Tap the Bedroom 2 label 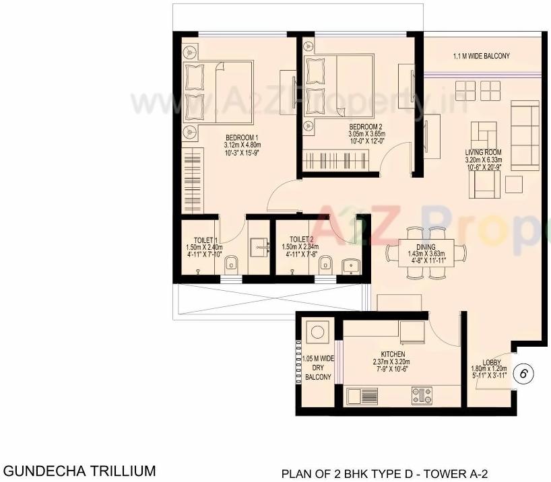[x=366, y=127]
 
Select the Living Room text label [x=484, y=152]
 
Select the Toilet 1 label [x=204, y=240]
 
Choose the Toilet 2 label [x=301, y=239]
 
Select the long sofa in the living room [x=525, y=135]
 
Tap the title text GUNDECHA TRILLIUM [x=80, y=470]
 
